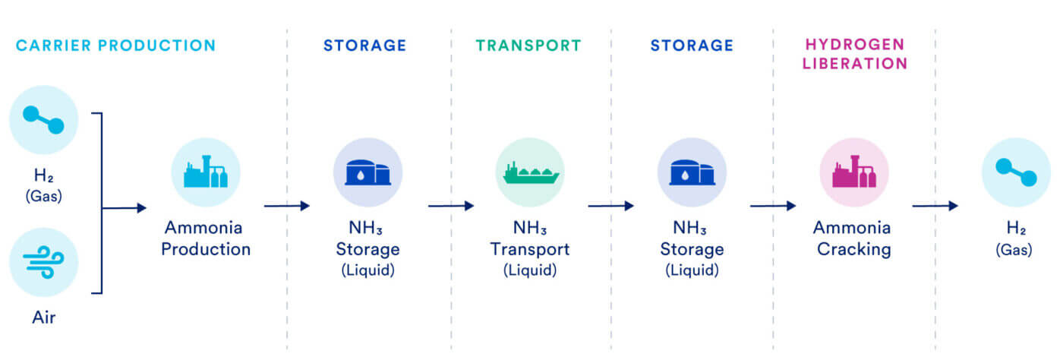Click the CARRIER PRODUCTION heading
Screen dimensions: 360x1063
point(115,46)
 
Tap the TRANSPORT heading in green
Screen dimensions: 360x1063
point(528,46)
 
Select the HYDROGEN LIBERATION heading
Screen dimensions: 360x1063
point(856,54)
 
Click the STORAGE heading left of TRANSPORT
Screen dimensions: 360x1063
point(365,46)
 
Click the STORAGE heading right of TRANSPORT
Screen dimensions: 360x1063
point(692,46)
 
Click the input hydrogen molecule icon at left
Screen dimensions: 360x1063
point(44,120)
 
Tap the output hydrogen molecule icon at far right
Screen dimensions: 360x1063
point(1016,172)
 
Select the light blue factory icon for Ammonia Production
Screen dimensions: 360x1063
point(206,172)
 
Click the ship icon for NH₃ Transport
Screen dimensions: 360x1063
point(529,172)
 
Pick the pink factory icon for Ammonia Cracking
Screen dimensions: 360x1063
point(854,172)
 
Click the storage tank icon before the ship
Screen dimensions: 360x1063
point(368,172)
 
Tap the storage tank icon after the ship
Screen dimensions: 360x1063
point(692,172)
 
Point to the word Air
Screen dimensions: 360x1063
point(43,317)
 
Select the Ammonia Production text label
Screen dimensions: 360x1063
point(205,238)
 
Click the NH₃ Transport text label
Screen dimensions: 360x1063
point(529,238)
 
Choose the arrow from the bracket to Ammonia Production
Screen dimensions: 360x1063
point(125,207)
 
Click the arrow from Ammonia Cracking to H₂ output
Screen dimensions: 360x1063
point(935,206)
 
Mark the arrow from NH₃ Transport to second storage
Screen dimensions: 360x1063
point(610,206)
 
